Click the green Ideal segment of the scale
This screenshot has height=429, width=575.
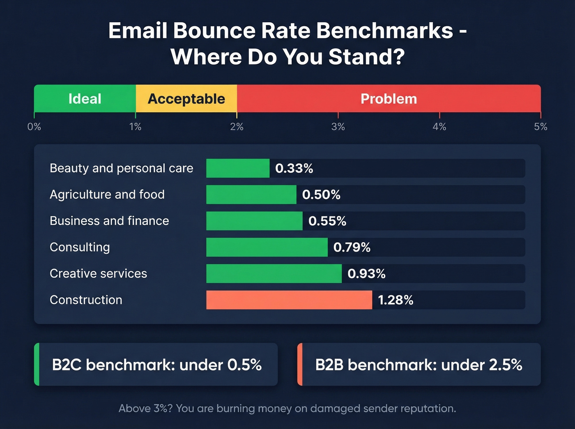85,99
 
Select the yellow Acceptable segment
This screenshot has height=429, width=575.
186,99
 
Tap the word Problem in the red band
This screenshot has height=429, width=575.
389,99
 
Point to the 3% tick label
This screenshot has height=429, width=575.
338,127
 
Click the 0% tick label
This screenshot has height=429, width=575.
34,127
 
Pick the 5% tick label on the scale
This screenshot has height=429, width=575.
540,127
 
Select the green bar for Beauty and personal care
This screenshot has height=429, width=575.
238,168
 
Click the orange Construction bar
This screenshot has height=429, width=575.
289,300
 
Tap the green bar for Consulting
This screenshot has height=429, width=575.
267,247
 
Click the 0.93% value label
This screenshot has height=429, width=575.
366,274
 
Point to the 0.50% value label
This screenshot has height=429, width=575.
321,195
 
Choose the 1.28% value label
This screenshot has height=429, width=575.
396,300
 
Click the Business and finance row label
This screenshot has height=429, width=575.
109,221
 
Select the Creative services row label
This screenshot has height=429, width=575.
98,273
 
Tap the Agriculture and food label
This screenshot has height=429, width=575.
107,195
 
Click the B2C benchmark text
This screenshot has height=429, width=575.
156,365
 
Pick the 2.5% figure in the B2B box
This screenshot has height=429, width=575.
505,365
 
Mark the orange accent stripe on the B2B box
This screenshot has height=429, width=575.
300,365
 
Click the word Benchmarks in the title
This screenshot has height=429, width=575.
384,31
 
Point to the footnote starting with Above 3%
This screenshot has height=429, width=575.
287,408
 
